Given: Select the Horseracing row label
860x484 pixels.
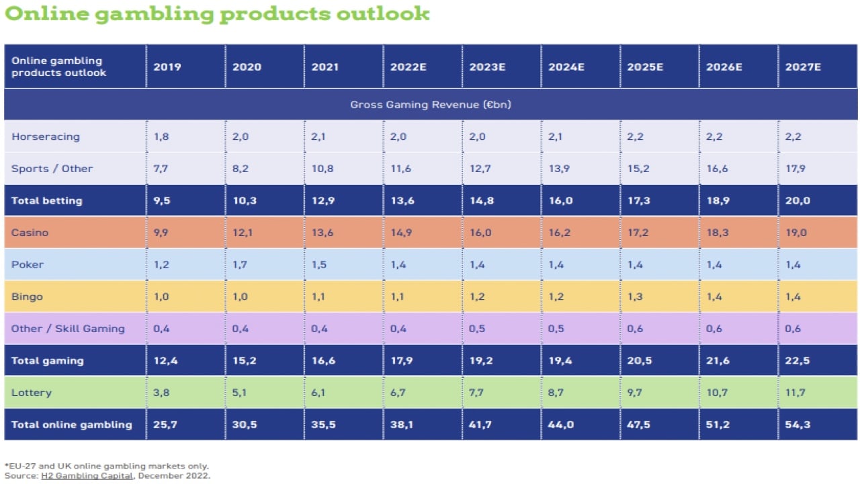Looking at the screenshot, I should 46,136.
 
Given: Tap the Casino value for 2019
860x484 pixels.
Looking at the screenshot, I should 161,233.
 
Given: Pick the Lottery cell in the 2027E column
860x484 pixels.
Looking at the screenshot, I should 796,393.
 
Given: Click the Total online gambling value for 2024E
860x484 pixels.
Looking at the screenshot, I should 561,425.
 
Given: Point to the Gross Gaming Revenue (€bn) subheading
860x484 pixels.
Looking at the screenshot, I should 430,104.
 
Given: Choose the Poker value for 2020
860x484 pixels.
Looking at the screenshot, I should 241,265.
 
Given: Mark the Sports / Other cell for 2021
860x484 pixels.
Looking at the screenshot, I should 322,169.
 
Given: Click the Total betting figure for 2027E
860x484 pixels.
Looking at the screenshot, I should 797,201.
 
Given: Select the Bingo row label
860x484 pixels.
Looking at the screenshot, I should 28,296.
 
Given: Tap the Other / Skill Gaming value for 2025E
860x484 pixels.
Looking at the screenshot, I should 636,329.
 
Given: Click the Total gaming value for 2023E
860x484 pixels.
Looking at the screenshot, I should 482,361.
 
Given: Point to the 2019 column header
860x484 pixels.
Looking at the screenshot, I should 167,67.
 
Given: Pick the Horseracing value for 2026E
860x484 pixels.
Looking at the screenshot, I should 716,136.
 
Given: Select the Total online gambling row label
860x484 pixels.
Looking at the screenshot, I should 72,425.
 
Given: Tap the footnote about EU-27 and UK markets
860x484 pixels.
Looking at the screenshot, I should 107,466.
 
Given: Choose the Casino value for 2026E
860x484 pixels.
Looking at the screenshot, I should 717,233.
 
